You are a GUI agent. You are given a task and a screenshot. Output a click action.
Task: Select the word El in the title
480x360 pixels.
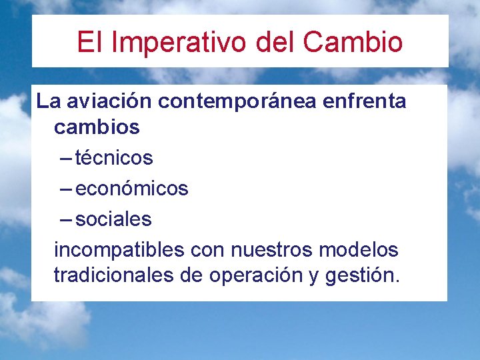pos(87,42)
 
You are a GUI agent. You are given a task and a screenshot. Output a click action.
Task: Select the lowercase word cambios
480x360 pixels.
pos(97,127)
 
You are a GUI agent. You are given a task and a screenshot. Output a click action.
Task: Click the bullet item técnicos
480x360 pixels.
pos(114,158)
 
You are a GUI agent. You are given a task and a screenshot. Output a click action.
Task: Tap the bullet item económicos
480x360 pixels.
pos(132,189)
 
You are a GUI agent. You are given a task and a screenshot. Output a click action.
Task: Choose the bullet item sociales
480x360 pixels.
pos(113,219)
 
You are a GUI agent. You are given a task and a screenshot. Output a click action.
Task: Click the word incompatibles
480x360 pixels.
pos(119,251)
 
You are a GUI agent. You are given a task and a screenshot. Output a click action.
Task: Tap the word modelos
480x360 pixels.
pos(359,251)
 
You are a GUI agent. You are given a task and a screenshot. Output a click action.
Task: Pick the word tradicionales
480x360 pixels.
pos(114,275)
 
